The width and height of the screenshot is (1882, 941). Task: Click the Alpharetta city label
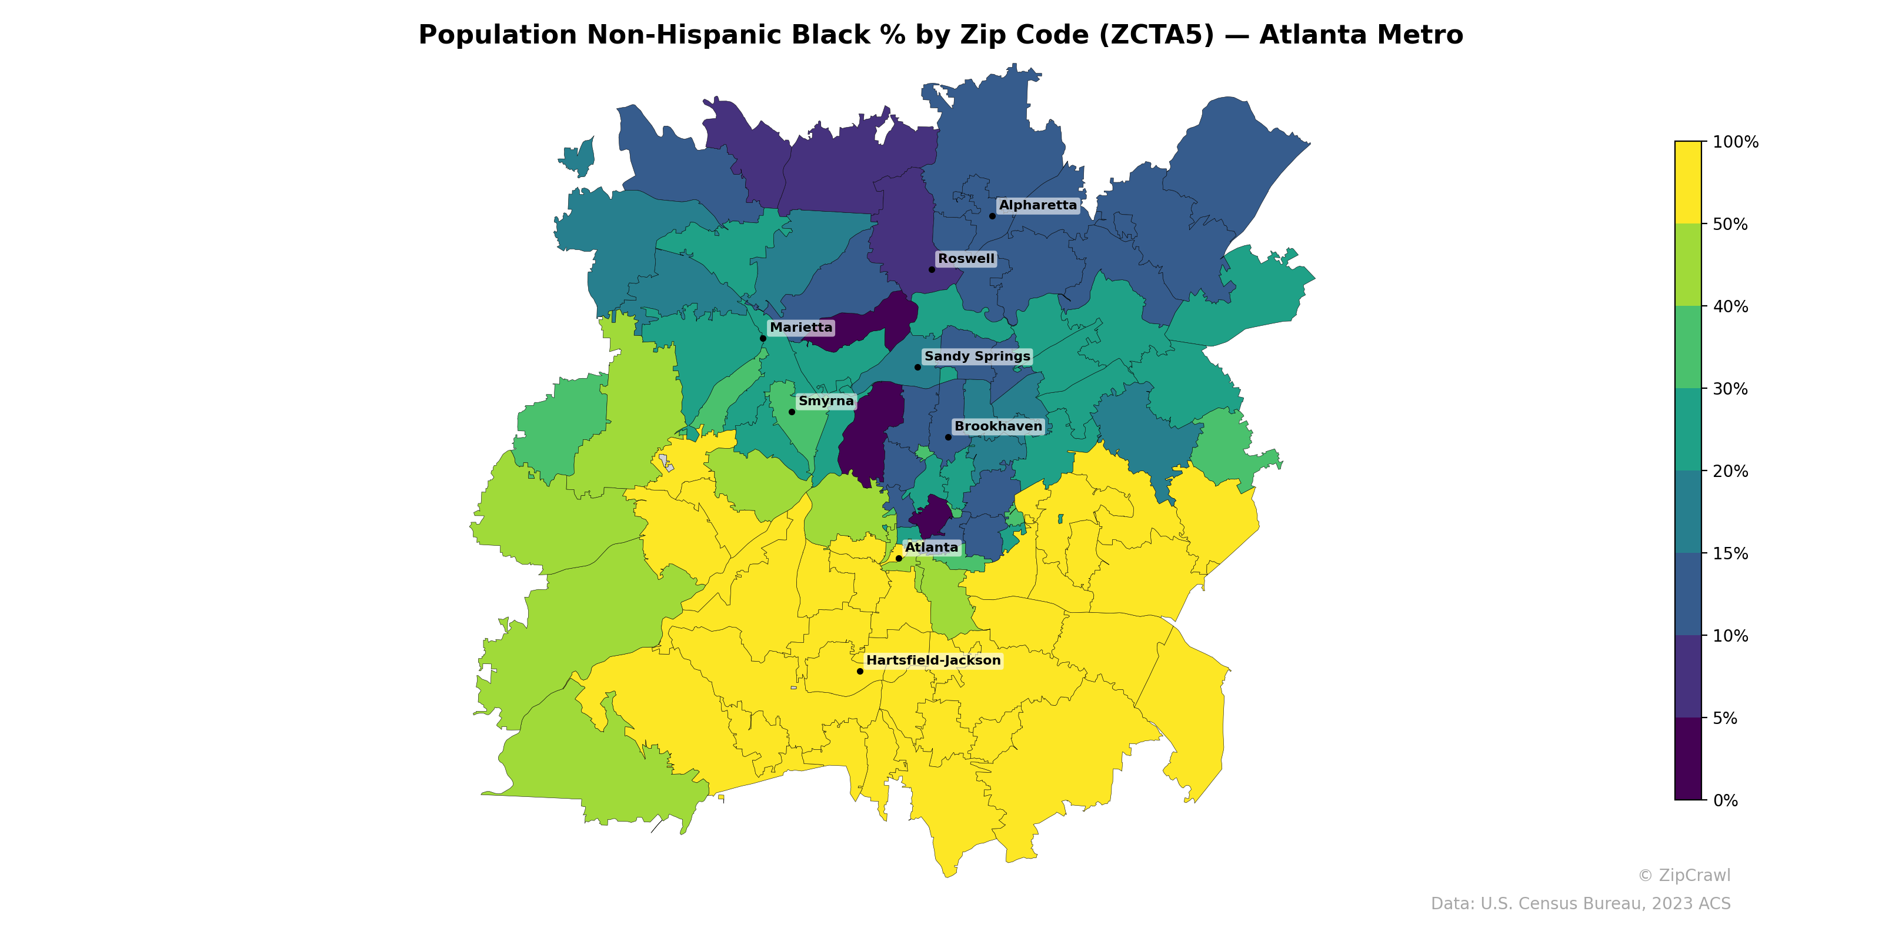(x=1037, y=205)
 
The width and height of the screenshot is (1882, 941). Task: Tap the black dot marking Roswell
(x=932, y=269)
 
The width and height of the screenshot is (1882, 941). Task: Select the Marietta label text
(x=800, y=328)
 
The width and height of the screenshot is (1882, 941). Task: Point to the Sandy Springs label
(x=977, y=356)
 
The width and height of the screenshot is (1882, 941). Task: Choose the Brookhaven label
(x=998, y=426)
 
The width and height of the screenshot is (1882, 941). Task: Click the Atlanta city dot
(x=899, y=558)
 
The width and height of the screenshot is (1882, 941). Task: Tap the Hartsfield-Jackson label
(x=933, y=660)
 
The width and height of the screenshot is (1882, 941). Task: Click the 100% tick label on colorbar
(x=1735, y=142)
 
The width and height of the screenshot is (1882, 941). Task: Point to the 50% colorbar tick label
(x=1730, y=224)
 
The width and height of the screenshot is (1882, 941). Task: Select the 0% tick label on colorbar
(x=1726, y=800)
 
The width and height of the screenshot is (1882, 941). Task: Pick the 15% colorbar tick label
(x=1730, y=554)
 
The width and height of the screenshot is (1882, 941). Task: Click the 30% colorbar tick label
(x=1730, y=389)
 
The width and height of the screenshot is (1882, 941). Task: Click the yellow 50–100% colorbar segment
(x=1688, y=183)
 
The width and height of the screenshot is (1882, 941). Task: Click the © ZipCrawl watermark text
(x=1684, y=875)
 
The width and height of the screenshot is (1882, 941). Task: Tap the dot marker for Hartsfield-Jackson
(x=860, y=672)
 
